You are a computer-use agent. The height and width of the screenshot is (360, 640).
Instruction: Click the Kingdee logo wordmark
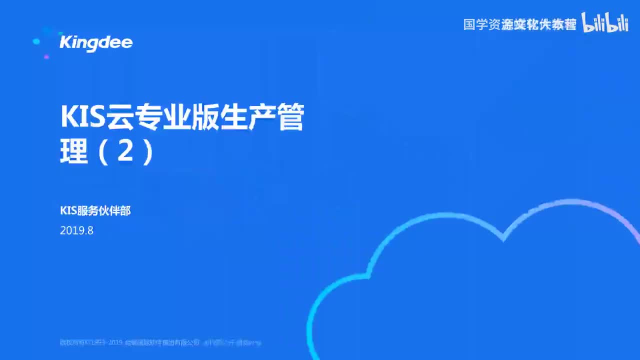pos(96,42)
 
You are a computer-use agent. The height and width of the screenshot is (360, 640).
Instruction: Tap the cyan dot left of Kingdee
pos(36,41)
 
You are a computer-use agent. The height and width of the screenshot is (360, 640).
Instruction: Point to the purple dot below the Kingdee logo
pos(46,57)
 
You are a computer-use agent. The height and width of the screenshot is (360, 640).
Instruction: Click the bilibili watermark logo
pos(605,23)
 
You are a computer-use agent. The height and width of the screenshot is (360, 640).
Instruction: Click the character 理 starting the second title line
pos(74,152)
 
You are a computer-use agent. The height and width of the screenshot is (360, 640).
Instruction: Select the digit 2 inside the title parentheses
pos(125,152)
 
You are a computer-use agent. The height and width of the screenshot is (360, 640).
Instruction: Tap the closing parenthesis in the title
pos(147,152)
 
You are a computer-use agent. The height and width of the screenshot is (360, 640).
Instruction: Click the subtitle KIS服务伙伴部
pos(95,211)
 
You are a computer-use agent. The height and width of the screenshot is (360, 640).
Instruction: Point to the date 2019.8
pos(76,231)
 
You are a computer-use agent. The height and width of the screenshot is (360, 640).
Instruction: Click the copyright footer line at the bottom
pos(160,343)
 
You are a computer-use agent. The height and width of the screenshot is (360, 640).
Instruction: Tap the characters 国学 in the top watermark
pos(475,24)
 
